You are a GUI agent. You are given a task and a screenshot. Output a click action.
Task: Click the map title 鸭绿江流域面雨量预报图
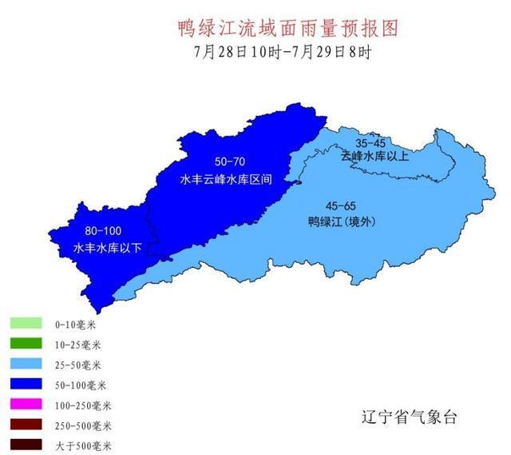click(x=287, y=29)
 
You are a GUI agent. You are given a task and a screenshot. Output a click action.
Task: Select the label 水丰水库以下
click(x=108, y=248)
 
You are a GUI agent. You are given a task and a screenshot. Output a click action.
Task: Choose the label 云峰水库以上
click(x=374, y=156)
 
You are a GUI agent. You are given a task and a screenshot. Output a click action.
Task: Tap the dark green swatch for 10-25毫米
click(x=26, y=345)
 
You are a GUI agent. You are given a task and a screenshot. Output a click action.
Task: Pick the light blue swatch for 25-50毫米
click(x=26, y=365)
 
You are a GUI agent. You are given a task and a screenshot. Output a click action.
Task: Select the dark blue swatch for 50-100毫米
click(x=26, y=385)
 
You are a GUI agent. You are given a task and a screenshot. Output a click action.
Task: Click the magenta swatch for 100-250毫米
click(x=26, y=405)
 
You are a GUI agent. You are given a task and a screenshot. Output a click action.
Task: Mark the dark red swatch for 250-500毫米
click(x=26, y=425)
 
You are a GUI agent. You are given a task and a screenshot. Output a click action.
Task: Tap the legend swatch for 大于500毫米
click(x=26, y=445)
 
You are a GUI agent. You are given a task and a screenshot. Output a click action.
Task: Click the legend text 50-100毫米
click(x=78, y=385)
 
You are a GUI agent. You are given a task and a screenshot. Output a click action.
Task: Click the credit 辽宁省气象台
click(x=408, y=417)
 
